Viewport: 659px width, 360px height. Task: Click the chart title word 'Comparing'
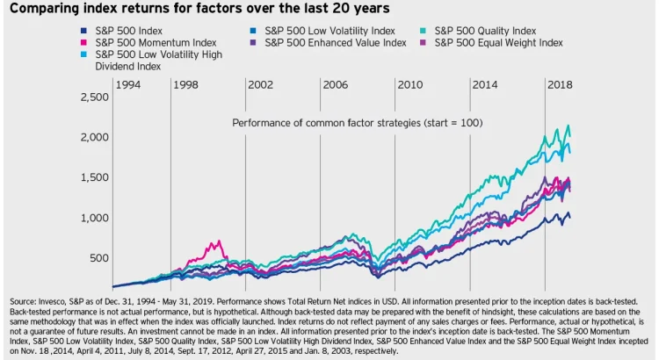tap(45, 10)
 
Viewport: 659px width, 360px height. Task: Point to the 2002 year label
tap(260, 85)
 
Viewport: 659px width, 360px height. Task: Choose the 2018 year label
tap(561, 85)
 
